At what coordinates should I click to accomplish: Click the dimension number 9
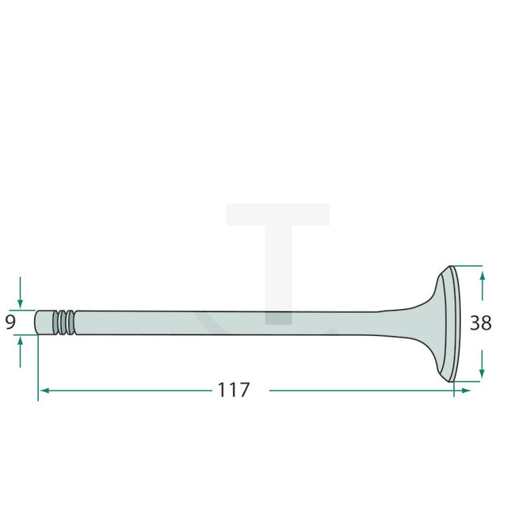tap(10, 322)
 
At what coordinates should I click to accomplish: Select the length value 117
tap(234, 390)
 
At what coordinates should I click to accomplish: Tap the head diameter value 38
tap(480, 323)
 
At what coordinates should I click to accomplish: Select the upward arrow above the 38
tap(483, 278)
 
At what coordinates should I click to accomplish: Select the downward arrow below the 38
tap(483, 369)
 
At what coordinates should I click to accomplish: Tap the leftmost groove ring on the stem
tap(58, 322)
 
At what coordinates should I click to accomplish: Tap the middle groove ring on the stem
tap(65, 322)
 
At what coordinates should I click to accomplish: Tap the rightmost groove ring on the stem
tap(72, 322)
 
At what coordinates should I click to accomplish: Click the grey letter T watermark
tap(277, 254)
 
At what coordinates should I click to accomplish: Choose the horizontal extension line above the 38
tap(467, 265)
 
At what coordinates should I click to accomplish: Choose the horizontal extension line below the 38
tap(467, 381)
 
